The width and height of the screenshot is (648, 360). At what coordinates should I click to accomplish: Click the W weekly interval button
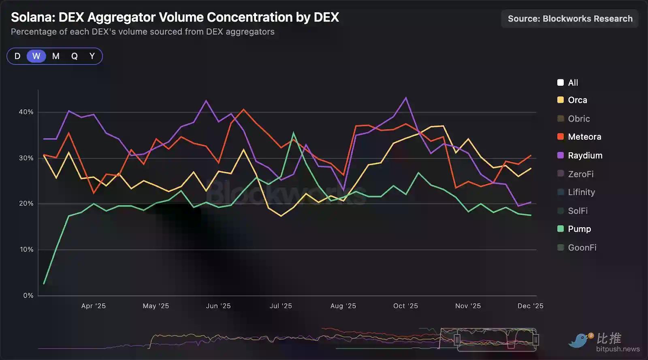(36, 56)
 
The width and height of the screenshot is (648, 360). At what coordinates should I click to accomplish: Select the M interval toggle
(56, 56)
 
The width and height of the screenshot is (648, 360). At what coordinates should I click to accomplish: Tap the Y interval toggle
(92, 56)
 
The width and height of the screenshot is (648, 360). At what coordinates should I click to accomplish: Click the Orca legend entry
(577, 100)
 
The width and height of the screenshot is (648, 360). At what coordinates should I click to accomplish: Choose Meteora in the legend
(584, 137)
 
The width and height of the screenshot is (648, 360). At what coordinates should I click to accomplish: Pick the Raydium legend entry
(585, 156)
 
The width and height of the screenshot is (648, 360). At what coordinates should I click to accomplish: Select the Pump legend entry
(579, 229)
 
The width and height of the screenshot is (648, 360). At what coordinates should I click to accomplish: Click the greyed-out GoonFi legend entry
(582, 248)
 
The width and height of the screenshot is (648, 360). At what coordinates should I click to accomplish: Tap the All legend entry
(573, 83)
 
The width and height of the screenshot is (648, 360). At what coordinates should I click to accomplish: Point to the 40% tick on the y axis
(26, 112)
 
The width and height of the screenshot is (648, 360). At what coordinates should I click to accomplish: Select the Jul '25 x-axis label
(281, 306)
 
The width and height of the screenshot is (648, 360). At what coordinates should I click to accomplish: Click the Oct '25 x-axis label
(405, 306)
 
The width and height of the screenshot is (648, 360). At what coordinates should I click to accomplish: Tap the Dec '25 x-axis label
(530, 306)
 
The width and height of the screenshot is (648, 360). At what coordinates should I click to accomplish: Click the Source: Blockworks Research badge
(570, 19)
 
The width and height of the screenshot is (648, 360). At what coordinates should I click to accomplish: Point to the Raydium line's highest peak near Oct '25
(406, 98)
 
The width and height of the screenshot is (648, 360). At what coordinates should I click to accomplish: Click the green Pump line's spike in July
(294, 133)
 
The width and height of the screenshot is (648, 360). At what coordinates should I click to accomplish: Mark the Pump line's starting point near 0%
(44, 283)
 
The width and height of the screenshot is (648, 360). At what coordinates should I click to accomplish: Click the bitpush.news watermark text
(618, 349)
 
